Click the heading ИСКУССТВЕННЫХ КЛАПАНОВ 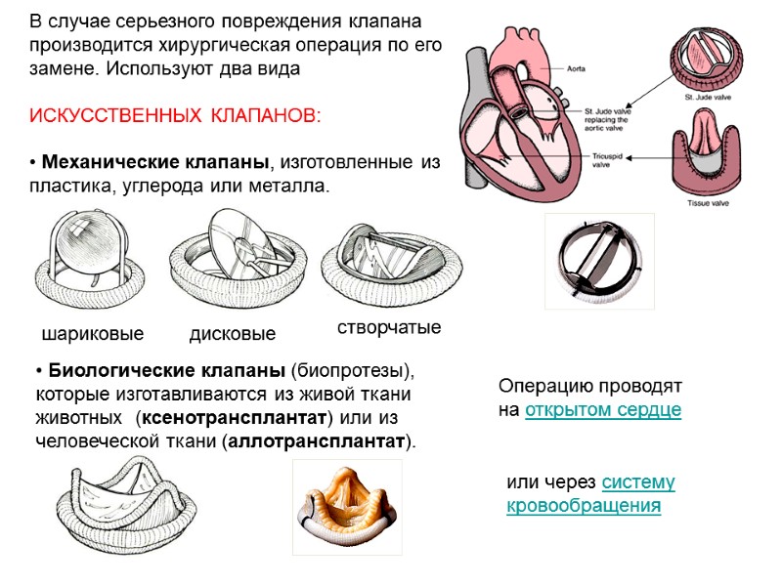(174, 116)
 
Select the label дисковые (232, 334)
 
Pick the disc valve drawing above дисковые (232, 259)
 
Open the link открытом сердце (602, 410)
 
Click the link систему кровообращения (590, 495)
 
